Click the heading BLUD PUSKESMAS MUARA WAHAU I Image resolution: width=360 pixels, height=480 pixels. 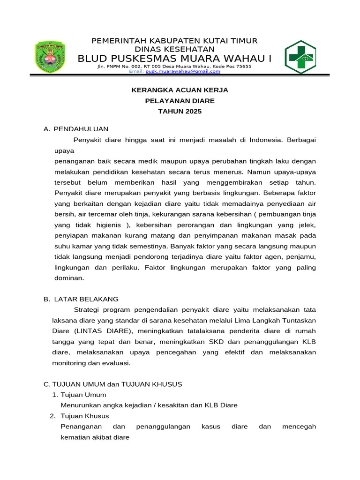pyautogui.click(x=174, y=58)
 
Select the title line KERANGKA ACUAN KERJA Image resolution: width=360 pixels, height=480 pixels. pyautogui.click(x=179, y=90)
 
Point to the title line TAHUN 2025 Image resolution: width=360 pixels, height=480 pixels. pyautogui.click(x=179, y=111)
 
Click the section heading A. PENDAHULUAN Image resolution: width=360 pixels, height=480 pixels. pyautogui.click(x=76, y=128)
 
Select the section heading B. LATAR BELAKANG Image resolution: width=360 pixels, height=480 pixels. pyautogui.click(x=81, y=299)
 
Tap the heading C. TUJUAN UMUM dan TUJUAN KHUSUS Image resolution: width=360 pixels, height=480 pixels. pyautogui.click(x=112, y=384)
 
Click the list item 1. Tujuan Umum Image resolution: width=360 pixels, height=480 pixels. pyautogui.click(x=79, y=395)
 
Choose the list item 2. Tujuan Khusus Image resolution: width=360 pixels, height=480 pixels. pyautogui.click(x=79, y=416)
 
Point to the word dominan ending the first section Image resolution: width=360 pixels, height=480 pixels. pyautogui.click(x=69, y=278)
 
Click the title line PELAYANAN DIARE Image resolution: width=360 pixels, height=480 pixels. pyautogui.click(x=179, y=100)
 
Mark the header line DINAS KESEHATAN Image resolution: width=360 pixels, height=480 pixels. pyautogui.click(x=174, y=49)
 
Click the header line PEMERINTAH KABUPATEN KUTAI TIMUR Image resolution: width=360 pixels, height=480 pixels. pyautogui.click(x=174, y=41)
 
